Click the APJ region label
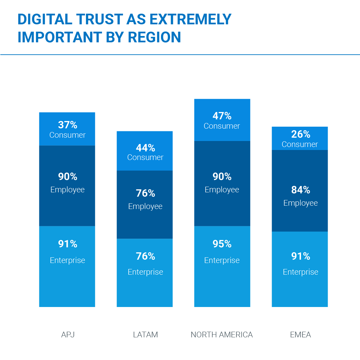tap(68, 335)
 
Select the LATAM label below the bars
tap(145, 335)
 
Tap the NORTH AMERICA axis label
tap(222, 335)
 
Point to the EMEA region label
tap(300, 335)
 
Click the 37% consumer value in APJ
tap(68, 125)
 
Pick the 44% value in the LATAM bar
tap(145, 148)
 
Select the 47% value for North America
tap(222, 116)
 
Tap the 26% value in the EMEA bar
tap(300, 134)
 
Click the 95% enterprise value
tap(222, 244)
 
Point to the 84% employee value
tap(300, 190)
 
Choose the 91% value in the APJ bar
tap(68, 244)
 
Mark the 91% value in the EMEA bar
tap(300, 256)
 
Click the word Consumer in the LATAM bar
tap(145, 157)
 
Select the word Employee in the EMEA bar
tap(300, 203)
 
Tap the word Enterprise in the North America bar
tap(222, 260)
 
